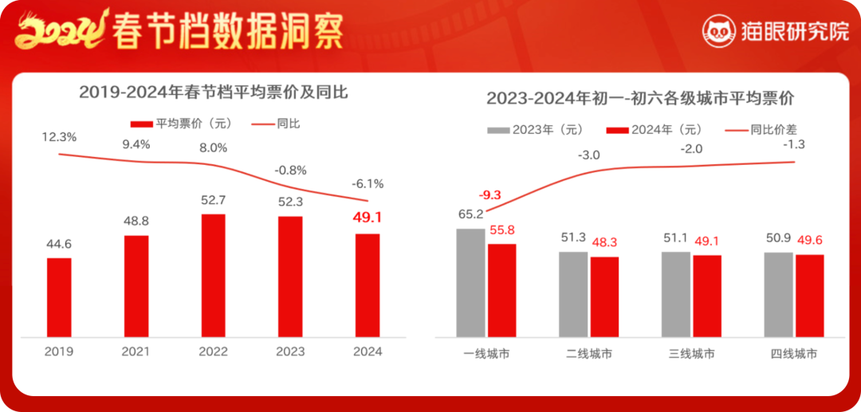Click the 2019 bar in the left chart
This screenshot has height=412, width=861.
(x=59, y=296)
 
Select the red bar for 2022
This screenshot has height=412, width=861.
(x=213, y=275)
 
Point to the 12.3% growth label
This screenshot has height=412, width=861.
(x=59, y=137)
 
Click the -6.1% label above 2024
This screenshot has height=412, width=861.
(x=368, y=183)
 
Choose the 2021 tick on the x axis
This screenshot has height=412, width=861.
(x=136, y=351)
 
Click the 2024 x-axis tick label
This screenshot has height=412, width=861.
(x=368, y=351)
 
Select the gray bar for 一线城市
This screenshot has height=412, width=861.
(x=470, y=282)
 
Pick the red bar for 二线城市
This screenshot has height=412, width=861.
(x=604, y=296)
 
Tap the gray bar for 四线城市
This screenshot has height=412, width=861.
(x=778, y=294)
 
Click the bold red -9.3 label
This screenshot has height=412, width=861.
(x=490, y=194)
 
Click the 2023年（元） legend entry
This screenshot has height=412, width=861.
(x=536, y=130)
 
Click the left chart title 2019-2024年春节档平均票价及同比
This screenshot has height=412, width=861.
(x=213, y=92)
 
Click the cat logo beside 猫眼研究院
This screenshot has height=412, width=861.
(x=719, y=31)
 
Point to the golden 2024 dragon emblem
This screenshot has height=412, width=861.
(x=61, y=30)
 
